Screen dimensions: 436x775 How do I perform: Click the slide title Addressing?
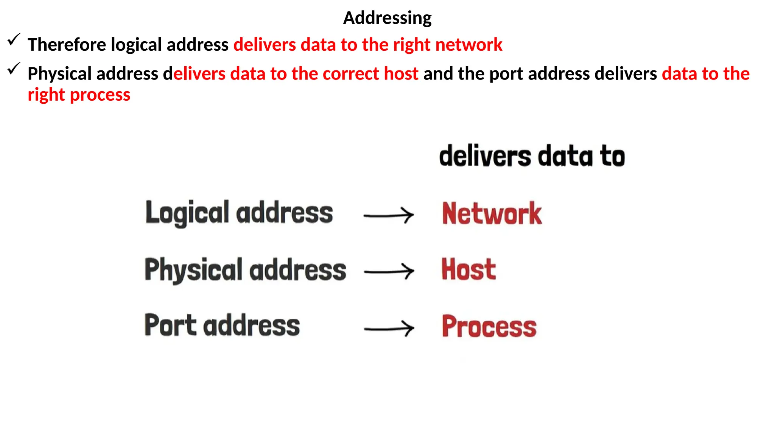(x=387, y=18)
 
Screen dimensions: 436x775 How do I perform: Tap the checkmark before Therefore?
(x=14, y=39)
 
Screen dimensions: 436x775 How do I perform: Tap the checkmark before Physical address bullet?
(x=14, y=69)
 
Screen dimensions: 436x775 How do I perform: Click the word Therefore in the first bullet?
(x=67, y=45)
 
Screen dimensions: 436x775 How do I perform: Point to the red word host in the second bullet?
(x=401, y=74)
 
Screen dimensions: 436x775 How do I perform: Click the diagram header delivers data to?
(x=532, y=156)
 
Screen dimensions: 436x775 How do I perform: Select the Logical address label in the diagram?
(x=239, y=213)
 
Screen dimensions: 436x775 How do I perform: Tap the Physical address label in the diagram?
(x=245, y=270)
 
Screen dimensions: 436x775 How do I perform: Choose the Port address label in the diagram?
(x=222, y=325)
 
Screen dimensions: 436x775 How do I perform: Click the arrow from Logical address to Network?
(x=388, y=215)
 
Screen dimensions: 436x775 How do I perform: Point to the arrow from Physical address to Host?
(x=389, y=271)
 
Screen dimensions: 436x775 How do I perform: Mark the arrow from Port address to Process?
(x=389, y=328)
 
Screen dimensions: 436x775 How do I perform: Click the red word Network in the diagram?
(x=492, y=214)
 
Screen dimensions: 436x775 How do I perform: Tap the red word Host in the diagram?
(x=468, y=270)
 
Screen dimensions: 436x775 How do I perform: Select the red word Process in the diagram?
(x=489, y=326)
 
